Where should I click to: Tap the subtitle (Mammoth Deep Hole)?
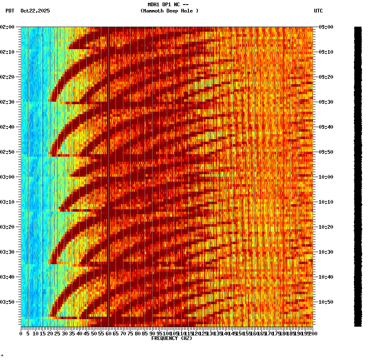pyautogui.click(x=169, y=11)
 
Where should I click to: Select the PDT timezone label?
pyautogui.click(x=10, y=11)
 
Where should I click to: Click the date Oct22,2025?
pyautogui.click(x=35, y=11)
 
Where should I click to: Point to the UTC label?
pyautogui.click(x=318, y=11)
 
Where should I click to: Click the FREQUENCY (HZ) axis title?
pyautogui.click(x=171, y=338)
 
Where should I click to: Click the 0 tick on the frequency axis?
pyautogui.click(x=21, y=333)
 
